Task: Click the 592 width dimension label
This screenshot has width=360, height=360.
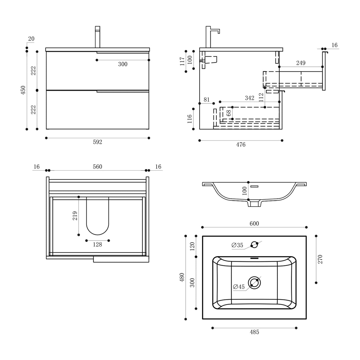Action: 97,142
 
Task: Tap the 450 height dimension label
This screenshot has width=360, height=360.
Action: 23,90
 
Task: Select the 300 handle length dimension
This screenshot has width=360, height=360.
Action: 122,64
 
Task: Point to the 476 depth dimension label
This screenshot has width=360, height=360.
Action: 240,145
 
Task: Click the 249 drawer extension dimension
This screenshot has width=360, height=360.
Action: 300,63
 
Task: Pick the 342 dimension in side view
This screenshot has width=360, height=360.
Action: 249,98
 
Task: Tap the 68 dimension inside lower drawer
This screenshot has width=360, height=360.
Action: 228,113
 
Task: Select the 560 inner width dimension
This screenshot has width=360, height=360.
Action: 97,167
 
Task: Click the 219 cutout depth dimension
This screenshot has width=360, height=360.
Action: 75,216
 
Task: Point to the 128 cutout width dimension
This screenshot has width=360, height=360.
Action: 97,245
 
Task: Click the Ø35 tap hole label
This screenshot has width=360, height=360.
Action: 237,245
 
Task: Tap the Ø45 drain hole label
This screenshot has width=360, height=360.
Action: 239,287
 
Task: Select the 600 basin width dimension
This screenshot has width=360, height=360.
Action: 254,224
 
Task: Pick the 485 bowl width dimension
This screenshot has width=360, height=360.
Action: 254,332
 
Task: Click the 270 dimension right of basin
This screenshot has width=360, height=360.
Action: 320,259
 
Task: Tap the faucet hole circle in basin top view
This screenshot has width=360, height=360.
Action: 254,245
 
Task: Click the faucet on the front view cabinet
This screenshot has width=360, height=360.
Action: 97,37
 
